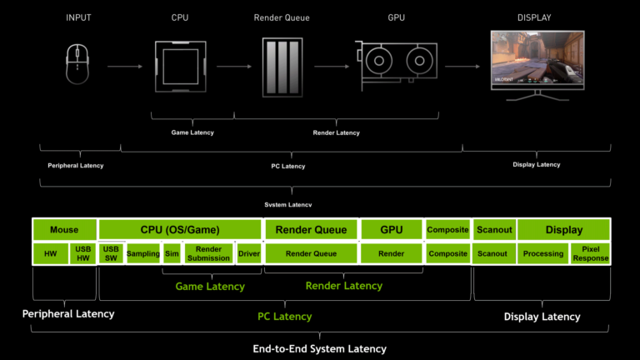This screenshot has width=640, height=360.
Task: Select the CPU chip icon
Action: click(x=180, y=66)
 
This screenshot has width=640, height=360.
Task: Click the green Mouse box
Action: click(x=64, y=230)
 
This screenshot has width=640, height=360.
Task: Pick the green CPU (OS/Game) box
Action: click(x=180, y=230)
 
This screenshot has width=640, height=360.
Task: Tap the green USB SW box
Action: click(x=111, y=253)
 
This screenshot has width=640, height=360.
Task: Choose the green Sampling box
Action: click(x=143, y=253)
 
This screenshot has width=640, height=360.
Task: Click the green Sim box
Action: click(x=172, y=253)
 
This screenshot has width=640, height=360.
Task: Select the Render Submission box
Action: click(x=208, y=253)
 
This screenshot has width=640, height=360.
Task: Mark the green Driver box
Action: click(x=248, y=253)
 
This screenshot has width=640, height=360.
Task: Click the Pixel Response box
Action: click(x=591, y=253)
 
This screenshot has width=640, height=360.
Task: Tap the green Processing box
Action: click(x=542, y=253)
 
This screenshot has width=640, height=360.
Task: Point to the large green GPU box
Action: click(x=391, y=230)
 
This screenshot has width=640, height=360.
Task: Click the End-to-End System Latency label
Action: click(x=319, y=348)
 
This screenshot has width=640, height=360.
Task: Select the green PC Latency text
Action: click(x=283, y=317)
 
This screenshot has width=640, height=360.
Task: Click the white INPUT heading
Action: click(x=78, y=17)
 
